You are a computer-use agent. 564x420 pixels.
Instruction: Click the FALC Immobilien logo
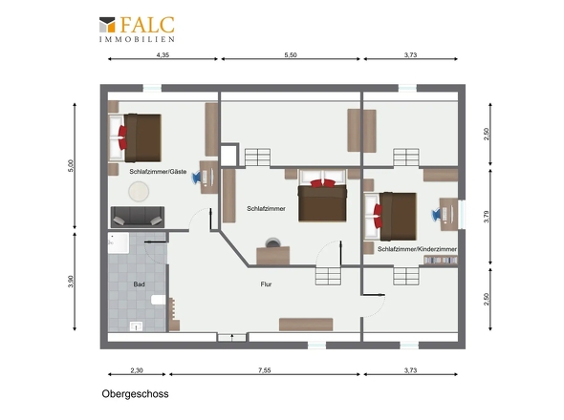137,29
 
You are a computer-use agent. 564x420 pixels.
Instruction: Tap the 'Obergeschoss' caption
135,394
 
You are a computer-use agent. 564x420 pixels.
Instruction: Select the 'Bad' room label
140,284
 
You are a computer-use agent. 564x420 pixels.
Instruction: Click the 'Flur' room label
266,284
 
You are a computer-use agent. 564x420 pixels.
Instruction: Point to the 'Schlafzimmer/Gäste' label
158,172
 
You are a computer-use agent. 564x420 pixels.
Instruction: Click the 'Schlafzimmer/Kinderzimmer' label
417,249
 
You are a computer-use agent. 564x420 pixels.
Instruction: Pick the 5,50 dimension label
291,55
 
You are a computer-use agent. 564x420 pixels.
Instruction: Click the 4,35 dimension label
163,55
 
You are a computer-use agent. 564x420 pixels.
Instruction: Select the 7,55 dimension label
265,370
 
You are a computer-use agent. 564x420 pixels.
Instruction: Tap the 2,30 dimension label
137,370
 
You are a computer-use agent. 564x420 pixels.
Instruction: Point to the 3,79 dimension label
487,217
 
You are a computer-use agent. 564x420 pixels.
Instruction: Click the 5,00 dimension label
71,166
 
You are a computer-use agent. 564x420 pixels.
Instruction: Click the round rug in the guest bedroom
139,191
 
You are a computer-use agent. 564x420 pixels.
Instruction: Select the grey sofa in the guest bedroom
138,217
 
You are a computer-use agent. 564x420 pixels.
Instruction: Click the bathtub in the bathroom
119,242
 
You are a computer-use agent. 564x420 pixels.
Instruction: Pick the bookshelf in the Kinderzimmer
441,260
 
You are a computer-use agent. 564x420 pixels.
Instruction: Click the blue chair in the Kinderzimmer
436,215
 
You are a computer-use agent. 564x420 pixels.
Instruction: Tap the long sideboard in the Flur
306,325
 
